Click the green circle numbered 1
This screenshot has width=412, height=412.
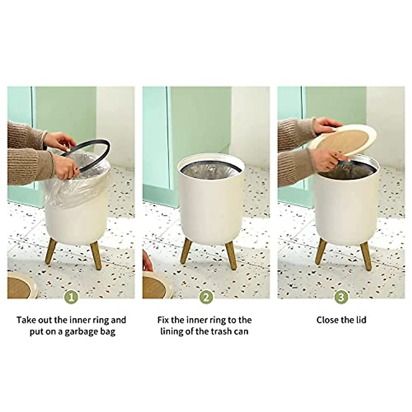pyautogui.click(x=71, y=297)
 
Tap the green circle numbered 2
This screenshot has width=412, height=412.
pyautogui.click(x=206, y=297)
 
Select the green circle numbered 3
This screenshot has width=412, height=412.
pyautogui.click(x=341, y=297)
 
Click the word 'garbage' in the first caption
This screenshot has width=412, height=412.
pyautogui.click(x=81, y=332)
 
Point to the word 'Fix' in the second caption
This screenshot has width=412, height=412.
pyautogui.click(x=163, y=320)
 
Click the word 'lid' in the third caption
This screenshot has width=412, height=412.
pyautogui.click(x=361, y=320)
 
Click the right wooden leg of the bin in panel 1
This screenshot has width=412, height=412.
pyautogui.click(x=95, y=255)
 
